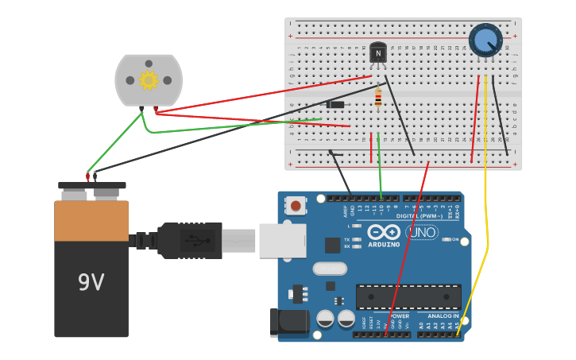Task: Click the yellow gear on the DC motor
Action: (x=149, y=79)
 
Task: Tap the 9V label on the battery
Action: (x=91, y=282)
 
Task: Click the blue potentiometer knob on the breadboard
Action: (x=485, y=39)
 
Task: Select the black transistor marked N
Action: (x=378, y=52)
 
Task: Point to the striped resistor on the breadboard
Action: (x=377, y=99)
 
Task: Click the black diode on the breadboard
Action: (x=336, y=104)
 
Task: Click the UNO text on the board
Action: (x=422, y=233)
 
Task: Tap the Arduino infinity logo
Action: (x=384, y=232)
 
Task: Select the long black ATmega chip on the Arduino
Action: (x=408, y=296)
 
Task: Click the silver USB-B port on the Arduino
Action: (x=282, y=240)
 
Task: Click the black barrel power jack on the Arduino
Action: (x=289, y=323)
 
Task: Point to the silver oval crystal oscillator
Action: (x=330, y=269)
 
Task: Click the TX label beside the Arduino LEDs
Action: (x=348, y=239)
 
